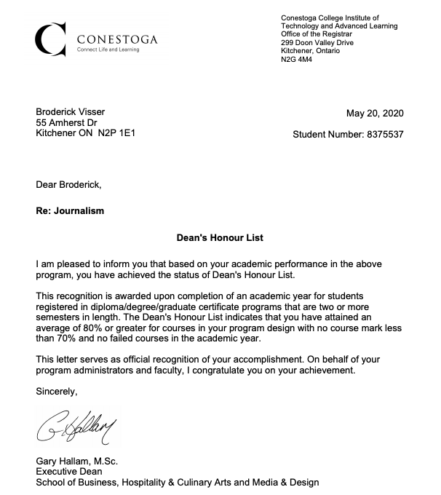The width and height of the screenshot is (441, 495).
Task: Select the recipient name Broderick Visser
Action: click(71, 111)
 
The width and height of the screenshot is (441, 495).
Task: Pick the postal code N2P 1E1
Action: click(116, 134)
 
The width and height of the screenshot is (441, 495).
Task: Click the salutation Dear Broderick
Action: click(69, 185)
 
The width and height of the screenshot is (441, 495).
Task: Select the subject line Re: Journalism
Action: click(70, 211)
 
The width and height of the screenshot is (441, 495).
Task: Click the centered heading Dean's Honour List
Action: click(220, 237)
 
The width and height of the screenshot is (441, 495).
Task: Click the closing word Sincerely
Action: click(56, 391)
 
